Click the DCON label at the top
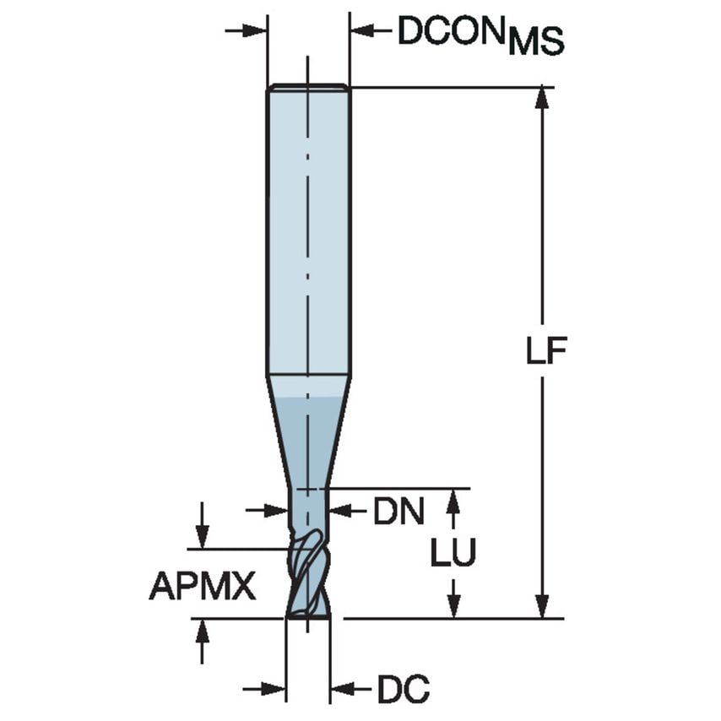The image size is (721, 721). tap(451, 31)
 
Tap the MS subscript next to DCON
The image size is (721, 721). tap(535, 41)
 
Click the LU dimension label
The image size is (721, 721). tap(453, 553)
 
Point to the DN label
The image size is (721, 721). tap(398, 511)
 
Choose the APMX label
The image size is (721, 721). tap(203, 585)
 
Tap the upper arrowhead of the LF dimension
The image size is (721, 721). tap(542, 98)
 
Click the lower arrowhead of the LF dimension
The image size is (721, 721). tap(542, 606)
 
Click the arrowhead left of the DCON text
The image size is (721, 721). tap(362, 31)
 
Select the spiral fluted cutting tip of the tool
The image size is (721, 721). tap(307, 574)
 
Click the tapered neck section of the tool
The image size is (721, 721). tap(308, 431)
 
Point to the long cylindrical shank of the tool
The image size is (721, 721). tap(308, 228)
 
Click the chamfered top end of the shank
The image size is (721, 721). tap(308, 87)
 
